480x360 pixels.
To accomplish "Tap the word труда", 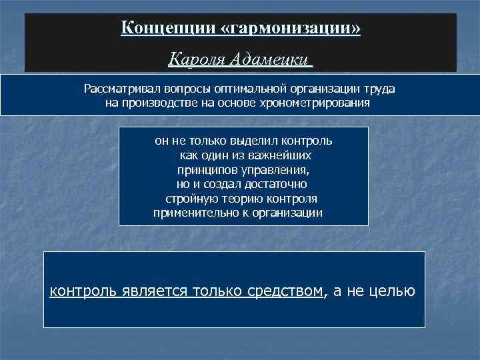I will pos(381,89).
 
